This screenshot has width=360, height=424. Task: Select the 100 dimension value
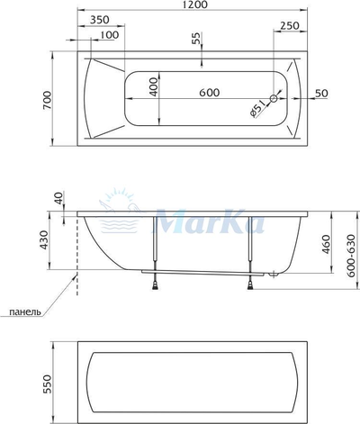tap(108, 34)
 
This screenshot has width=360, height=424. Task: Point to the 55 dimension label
tap(196, 39)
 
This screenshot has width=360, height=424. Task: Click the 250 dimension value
tap(289, 26)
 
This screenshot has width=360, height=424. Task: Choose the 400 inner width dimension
tap(154, 88)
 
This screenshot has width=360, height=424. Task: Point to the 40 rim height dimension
tap(59, 197)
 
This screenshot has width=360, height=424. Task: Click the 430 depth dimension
tap(58, 240)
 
